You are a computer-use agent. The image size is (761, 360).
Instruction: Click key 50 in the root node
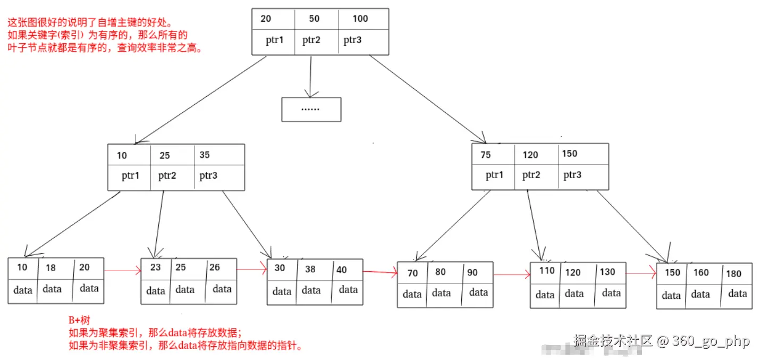tap(314, 19)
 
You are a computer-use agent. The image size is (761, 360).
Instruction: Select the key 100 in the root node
tap(360, 19)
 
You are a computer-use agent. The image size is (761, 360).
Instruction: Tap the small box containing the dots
tap(311, 109)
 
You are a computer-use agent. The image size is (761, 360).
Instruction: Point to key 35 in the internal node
tap(205, 155)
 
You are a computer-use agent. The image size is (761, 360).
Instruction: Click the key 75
tap(485, 155)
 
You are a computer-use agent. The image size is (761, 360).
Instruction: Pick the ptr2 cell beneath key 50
tap(311, 40)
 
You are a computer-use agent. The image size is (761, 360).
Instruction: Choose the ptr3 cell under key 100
tap(352, 40)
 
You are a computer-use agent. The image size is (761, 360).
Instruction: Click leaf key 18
tap(50, 268)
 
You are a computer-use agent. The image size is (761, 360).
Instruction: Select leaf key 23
tap(155, 267)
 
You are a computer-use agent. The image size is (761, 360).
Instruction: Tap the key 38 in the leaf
tap(310, 270)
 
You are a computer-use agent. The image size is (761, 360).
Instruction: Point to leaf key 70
tap(412, 273)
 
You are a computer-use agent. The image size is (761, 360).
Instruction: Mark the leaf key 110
tap(547, 271)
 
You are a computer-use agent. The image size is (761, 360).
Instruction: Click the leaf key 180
tap(733, 274)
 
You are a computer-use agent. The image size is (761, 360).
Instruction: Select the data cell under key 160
tap(700, 294)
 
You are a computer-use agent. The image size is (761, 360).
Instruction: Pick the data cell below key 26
tap(222, 289)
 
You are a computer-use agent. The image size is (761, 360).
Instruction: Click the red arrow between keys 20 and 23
tap(122, 271)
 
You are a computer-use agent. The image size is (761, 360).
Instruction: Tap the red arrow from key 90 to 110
tap(512, 275)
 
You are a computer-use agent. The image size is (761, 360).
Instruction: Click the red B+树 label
tap(79, 320)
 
